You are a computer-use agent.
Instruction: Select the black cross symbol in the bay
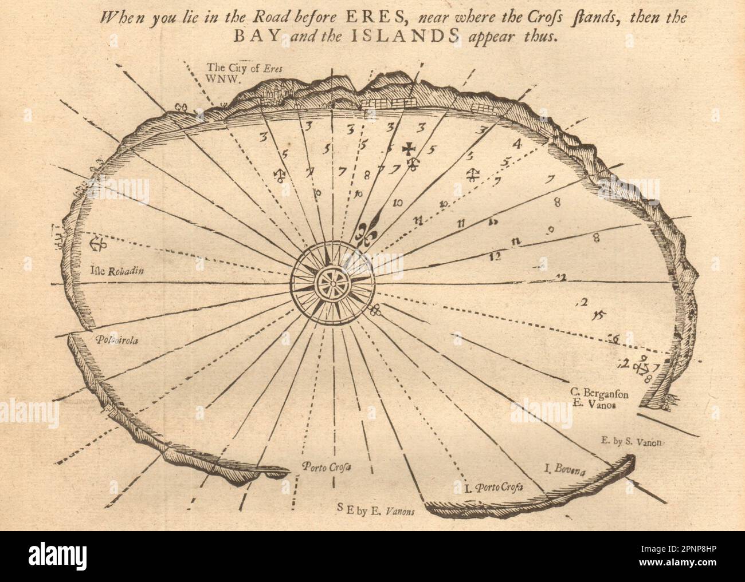(x=408, y=149)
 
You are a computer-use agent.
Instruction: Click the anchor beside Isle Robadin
(x=98, y=242)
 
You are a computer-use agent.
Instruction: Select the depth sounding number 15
(x=600, y=313)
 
